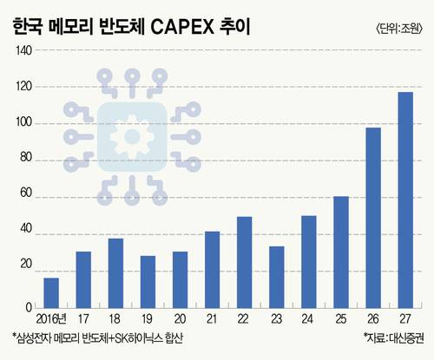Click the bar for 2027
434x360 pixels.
pos(405,200)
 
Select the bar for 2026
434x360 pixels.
pos(373,218)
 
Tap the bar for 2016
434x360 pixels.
pos(51,293)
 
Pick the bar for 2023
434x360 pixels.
pos(277,278)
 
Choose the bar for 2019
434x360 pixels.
pos(148,282)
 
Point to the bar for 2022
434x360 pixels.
pos(245,262)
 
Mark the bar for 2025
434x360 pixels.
pos(341,252)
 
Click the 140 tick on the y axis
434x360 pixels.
pos(23,51)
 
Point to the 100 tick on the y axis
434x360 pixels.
pos(23,122)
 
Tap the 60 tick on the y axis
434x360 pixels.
pos(26,193)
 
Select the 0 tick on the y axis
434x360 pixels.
pos(29,307)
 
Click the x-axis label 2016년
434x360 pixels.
pos(51,319)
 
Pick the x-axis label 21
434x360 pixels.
pos(212,319)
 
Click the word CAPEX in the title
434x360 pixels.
pos(182,28)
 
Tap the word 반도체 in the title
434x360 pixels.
pos(122,27)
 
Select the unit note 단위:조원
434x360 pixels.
pos(399,29)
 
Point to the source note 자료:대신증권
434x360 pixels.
pos(394,337)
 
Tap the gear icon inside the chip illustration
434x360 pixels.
pos(132,136)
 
